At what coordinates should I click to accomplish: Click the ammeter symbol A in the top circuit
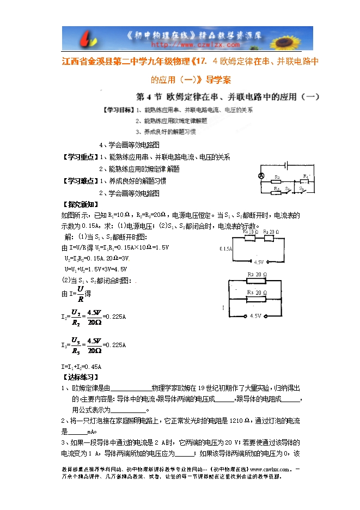click(x=261, y=175)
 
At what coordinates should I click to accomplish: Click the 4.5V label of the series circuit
click(x=258, y=262)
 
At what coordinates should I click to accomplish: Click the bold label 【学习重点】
click(x=81, y=157)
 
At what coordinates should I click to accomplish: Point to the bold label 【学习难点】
click(x=81, y=181)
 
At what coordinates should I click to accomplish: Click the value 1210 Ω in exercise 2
click(x=239, y=421)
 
